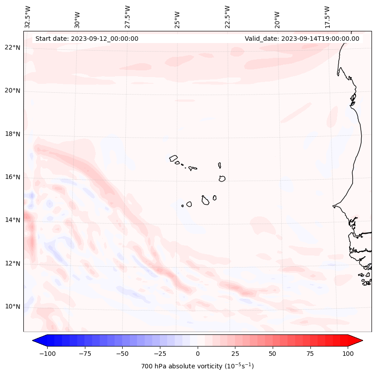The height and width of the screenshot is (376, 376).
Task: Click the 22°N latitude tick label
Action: pyautogui.click(x=13, y=48)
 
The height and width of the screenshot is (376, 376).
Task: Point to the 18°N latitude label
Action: pyautogui.click(x=13, y=134)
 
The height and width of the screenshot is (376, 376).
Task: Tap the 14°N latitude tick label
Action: pyautogui.click(x=13, y=220)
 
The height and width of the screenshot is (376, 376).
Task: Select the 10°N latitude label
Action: pyautogui.click(x=13, y=307)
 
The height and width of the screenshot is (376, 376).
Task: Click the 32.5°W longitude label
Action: pyautogui.click(x=28, y=17)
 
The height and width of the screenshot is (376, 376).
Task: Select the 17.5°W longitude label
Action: pyautogui.click(x=327, y=17)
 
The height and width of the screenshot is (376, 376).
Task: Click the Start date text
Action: pyautogui.click(x=87, y=39)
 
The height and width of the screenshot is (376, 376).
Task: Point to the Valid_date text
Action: pyautogui.click(x=302, y=39)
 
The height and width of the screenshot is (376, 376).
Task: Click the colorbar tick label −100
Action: pyautogui.click(x=47, y=354)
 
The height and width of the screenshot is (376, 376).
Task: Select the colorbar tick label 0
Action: pyautogui.click(x=198, y=354)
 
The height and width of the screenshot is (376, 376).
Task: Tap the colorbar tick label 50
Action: pyautogui.click(x=273, y=354)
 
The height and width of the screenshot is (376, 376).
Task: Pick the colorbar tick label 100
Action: pyautogui.click(x=348, y=354)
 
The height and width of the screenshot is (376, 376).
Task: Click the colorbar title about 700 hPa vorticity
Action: pyautogui.click(x=197, y=366)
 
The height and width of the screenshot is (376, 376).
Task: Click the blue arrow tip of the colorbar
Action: pyautogui.click(x=35, y=341)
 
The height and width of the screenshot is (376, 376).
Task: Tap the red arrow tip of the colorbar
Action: pyautogui.click(x=360, y=341)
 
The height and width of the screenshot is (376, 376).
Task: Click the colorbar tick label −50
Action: pyautogui.click(x=122, y=354)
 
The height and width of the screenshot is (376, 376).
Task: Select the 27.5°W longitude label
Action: pyautogui.click(x=128, y=17)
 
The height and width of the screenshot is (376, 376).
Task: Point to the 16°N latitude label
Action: pyautogui.click(x=13, y=177)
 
